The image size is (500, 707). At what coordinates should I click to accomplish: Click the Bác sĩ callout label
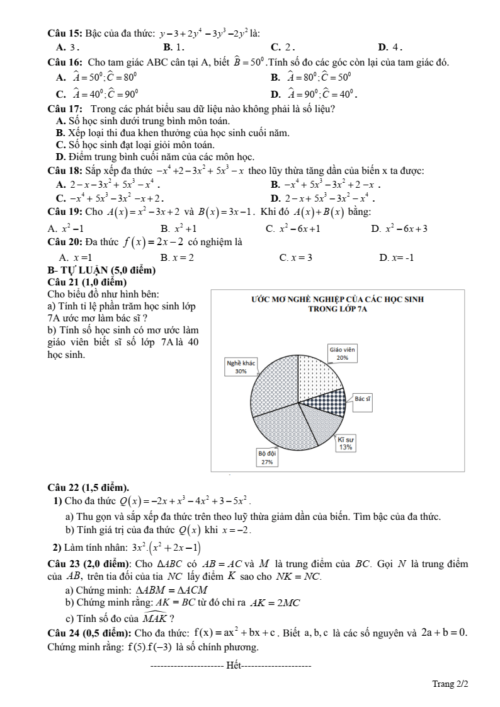(x=362, y=399)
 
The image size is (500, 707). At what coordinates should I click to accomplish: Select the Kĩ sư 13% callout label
(x=345, y=443)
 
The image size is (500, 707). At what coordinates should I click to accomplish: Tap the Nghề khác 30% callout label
(x=241, y=367)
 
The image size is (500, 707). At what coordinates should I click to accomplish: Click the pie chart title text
(x=337, y=304)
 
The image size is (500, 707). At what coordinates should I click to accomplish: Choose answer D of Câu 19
(x=399, y=229)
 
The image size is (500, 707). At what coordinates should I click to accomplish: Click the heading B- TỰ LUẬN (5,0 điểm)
(x=101, y=270)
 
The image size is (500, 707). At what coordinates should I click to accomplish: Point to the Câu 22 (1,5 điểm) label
(x=89, y=487)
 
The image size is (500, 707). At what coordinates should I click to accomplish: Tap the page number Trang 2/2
(x=450, y=684)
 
